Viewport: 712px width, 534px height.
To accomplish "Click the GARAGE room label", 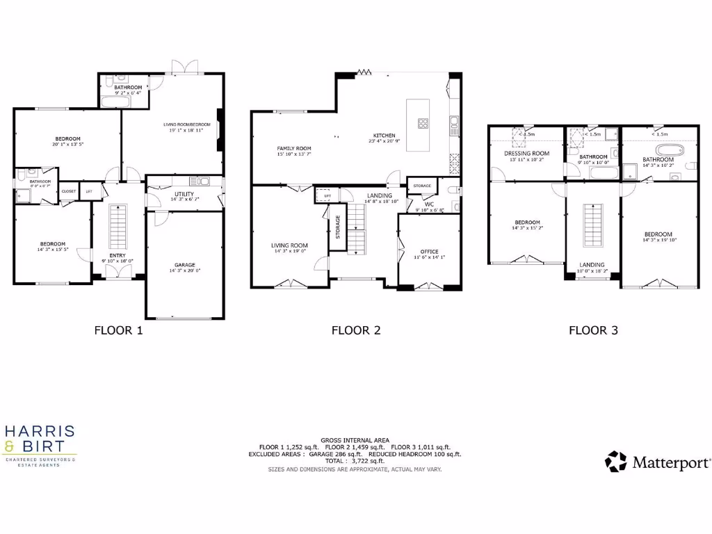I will pyautogui.click(x=184, y=265).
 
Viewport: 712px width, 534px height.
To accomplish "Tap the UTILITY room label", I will pyautogui.click(x=184, y=194).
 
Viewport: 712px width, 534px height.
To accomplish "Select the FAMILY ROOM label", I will pyautogui.click(x=294, y=149).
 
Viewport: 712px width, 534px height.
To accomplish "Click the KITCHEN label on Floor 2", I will pyautogui.click(x=384, y=136).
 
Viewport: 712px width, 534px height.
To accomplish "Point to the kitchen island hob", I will pyautogui.click(x=422, y=124).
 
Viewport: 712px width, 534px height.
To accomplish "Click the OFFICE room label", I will pyautogui.click(x=429, y=252).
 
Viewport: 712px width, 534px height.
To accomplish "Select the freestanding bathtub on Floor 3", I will pyautogui.click(x=667, y=149).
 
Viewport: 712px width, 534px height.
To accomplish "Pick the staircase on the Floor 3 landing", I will pyautogui.click(x=592, y=226).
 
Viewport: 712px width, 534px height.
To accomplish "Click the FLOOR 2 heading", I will pyautogui.click(x=356, y=331).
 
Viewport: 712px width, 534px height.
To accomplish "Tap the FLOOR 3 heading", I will pyautogui.click(x=593, y=331).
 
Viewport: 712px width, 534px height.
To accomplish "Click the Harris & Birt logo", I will pyautogui.click(x=40, y=446).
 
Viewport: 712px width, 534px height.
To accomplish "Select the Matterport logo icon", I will pyautogui.click(x=615, y=462).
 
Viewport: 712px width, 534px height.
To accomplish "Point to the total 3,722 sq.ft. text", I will pyautogui.click(x=355, y=461).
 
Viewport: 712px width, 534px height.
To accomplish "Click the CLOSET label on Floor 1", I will pyautogui.click(x=69, y=191).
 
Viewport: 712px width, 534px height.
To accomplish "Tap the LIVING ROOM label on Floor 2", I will pyautogui.click(x=289, y=245).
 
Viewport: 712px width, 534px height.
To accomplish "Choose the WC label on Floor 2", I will pyautogui.click(x=429, y=204).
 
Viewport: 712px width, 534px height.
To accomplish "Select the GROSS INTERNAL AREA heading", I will pyautogui.click(x=355, y=440).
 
